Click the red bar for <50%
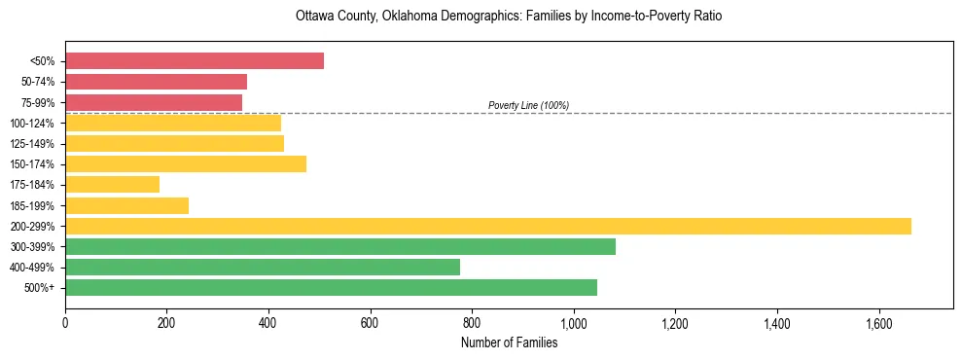pos(195,61)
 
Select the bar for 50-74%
pos(156,82)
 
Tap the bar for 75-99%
pos(154,102)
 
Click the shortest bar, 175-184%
pos(112,185)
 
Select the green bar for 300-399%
pos(340,246)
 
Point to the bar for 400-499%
pos(263,267)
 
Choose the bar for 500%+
pos(331,287)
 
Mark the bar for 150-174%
pos(186,164)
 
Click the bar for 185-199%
pos(126,205)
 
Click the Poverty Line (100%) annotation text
pos(528,105)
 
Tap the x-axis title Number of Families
pos(509,342)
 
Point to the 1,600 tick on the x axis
pos(878,322)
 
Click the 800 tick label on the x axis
pos(472,322)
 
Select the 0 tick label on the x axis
pos(65,322)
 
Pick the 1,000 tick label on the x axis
pos(573,322)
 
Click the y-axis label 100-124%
pos(32,124)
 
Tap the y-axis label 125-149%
pos(32,144)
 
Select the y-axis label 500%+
pos(39,288)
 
